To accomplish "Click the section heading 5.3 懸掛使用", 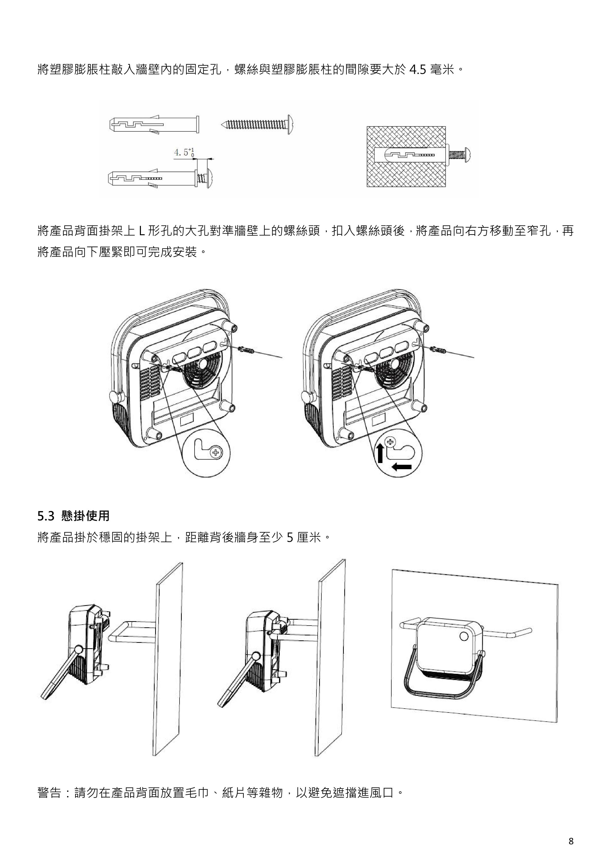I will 73,515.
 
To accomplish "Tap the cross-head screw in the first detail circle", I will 215,453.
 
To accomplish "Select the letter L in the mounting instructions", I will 141,231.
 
